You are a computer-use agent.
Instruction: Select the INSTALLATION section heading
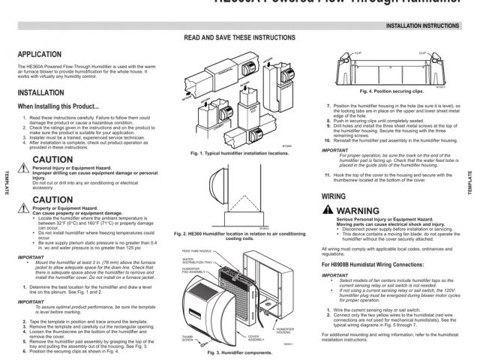point(41,94)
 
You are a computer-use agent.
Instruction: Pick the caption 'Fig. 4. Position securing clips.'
point(389,91)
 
